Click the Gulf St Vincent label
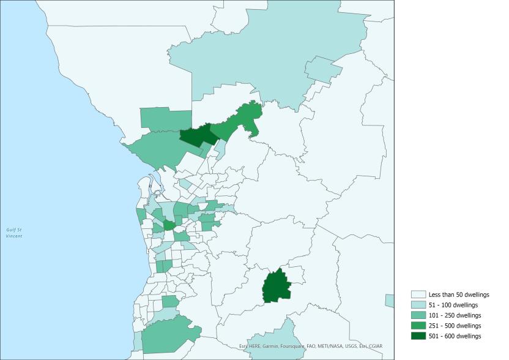tap(13, 233)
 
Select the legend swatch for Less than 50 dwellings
tap(418, 294)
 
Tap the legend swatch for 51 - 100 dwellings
tap(418, 305)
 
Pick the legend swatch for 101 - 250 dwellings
tap(418, 315)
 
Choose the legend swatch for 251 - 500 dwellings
tap(418, 326)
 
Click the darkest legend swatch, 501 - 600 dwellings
tap(418, 336)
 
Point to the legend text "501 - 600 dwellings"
tap(455, 336)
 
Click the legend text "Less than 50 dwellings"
tap(459, 294)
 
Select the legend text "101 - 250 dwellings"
tap(455, 315)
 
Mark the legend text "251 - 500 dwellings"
tap(455, 326)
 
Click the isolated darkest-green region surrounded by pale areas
tap(277, 287)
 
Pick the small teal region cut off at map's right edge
tap(390, 301)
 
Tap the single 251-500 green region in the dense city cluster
tap(167, 225)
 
